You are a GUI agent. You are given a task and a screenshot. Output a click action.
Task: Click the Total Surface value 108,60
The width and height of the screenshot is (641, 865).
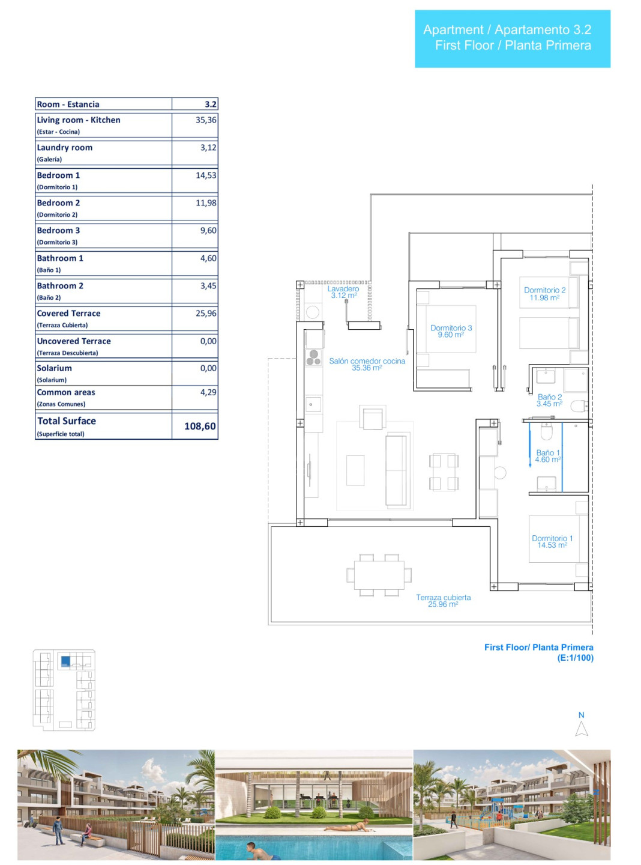[x=200, y=426]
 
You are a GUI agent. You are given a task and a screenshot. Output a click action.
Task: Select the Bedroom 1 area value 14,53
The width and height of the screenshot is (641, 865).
[x=206, y=175]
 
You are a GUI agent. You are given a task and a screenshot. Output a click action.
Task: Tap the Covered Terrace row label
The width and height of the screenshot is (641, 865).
[x=68, y=313]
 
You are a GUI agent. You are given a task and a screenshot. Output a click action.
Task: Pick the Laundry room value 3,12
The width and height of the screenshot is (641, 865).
[x=208, y=147]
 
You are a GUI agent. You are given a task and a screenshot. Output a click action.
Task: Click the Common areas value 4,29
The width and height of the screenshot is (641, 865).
[x=208, y=392]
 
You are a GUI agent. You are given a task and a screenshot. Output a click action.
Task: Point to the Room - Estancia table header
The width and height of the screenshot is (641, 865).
[x=68, y=104]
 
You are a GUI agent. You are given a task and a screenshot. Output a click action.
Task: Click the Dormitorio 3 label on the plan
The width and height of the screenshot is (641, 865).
[x=451, y=331]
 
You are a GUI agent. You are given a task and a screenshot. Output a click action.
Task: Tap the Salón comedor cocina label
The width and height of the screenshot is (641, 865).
[x=367, y=364]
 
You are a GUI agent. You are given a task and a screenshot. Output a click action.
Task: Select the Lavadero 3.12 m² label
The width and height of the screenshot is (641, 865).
[x=343, y=292]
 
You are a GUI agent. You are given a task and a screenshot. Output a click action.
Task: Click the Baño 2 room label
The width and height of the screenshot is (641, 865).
[x=549, y=400]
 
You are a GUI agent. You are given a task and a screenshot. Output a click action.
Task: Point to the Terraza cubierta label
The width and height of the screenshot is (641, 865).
[x=444, y=601]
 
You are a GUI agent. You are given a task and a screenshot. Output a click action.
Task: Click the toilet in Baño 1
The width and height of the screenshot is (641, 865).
[x=546, y=432]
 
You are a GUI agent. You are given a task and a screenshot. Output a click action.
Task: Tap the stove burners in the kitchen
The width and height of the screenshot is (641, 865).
[x=313, y=357]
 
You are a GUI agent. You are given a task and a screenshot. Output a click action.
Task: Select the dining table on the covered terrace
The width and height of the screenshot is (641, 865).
[x=379, y=575]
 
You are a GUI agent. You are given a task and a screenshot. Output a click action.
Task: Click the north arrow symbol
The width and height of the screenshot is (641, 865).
[x=582, y=728]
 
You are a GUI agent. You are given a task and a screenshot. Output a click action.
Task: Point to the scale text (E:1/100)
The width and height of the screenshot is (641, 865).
[x=575, y=658]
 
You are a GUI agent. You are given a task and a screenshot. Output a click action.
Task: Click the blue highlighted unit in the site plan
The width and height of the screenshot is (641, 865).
[x=65, y=661]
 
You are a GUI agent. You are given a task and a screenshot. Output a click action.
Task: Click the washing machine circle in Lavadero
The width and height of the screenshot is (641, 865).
[x=313, y=312]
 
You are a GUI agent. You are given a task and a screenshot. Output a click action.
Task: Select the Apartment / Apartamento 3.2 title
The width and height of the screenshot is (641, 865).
[x=507, y=29]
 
